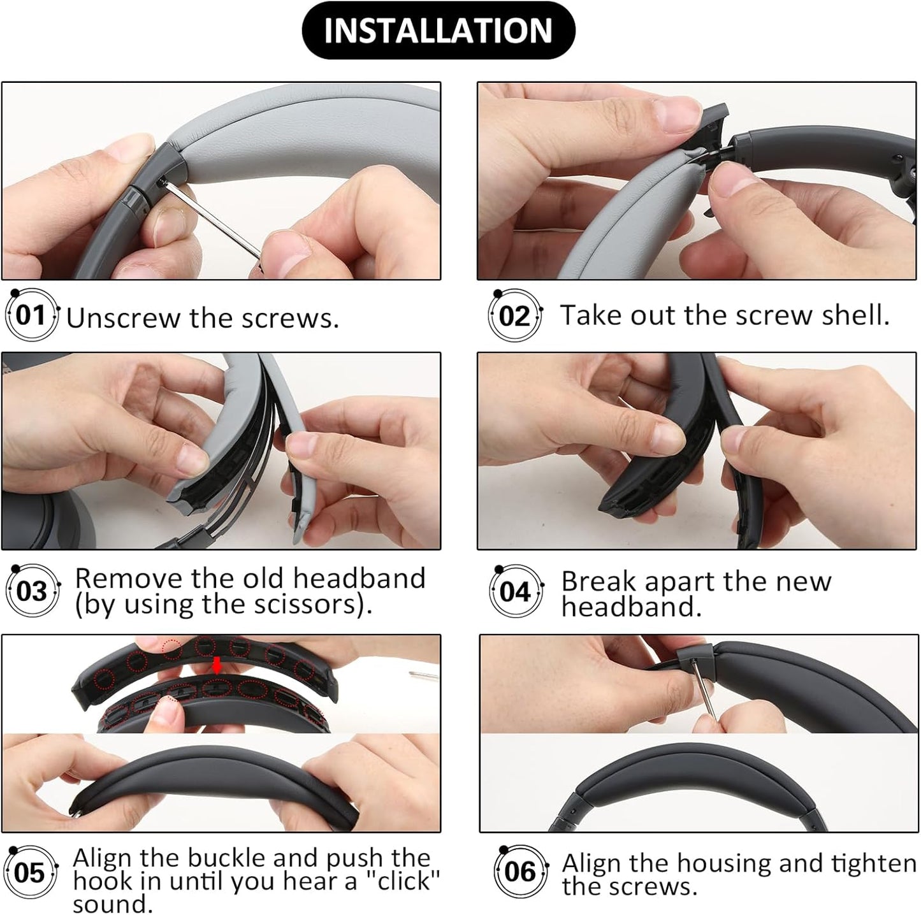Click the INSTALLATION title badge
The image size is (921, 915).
(438, 31)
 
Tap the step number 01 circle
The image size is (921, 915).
(31, 315)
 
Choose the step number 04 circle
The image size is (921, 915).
(515, 592)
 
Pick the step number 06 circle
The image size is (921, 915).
(519, 872)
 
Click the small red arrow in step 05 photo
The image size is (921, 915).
(217, 666)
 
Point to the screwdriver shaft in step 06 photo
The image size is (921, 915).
(707, 691)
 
